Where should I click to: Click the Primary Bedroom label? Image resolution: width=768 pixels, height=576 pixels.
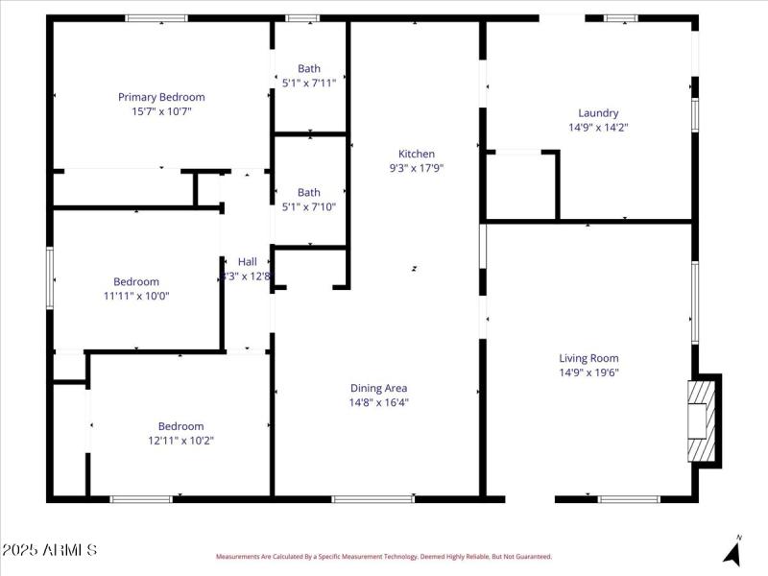161,97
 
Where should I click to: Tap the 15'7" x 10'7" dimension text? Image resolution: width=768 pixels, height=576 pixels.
161,111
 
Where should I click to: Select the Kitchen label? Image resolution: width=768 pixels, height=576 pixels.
417,154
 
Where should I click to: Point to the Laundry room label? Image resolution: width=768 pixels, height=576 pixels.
598,112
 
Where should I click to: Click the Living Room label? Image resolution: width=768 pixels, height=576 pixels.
589,358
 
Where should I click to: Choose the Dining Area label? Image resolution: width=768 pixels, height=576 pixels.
378,388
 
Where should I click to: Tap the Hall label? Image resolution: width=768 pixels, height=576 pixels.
248,261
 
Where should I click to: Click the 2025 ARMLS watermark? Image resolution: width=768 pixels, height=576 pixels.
50,550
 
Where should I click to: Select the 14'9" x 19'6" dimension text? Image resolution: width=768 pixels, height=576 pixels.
589,372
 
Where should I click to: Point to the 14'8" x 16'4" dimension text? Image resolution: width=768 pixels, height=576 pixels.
378,402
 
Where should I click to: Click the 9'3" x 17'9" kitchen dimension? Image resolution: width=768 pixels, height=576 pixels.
417,168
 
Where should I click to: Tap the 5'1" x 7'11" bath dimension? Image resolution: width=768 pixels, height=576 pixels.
309,83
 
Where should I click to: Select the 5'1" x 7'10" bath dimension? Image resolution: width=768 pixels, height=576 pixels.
309,206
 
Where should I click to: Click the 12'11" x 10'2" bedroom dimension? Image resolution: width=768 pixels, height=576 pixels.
180,441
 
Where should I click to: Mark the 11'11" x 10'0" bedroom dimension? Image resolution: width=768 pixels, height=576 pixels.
136,296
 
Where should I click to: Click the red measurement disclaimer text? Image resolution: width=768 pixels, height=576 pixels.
383,556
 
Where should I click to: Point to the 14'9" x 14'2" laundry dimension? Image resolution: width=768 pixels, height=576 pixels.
598,127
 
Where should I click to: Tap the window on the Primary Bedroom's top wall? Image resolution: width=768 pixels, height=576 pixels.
156,18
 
